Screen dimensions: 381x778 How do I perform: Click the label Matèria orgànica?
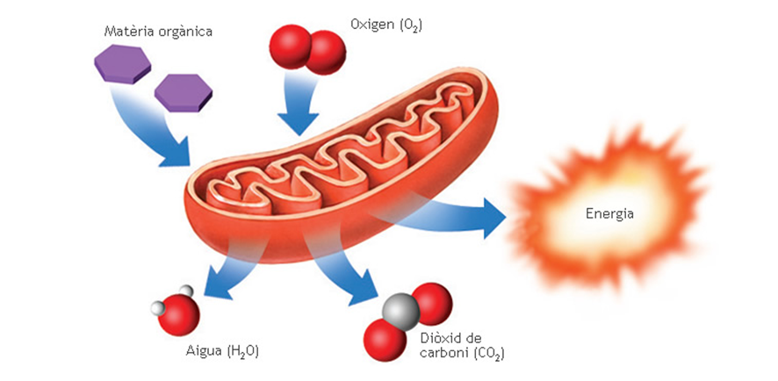click(x=158, y=32)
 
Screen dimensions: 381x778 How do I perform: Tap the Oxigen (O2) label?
click(x=385, y=25)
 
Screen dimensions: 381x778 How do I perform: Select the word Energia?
click(x=609, y=213)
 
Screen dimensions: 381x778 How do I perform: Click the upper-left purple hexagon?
click(x=121, y=63)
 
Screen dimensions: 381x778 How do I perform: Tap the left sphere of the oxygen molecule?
click(x=289, y=44)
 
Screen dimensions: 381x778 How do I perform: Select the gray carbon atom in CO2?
click(x=401, y=312)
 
